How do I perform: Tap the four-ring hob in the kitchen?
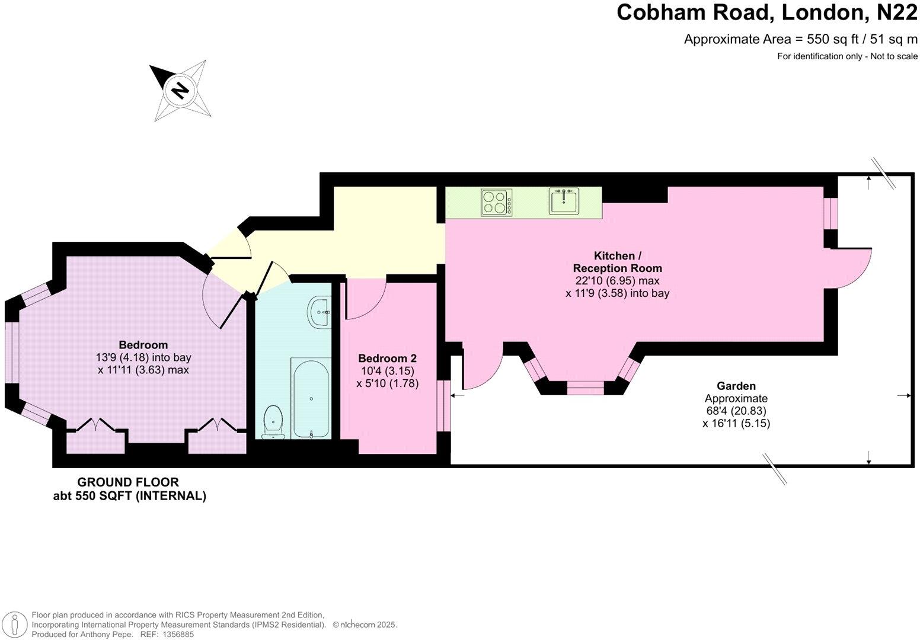(497, 201)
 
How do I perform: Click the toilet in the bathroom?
(273, 421)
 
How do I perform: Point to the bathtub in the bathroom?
(311, 398)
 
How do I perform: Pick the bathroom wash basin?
(318, 311)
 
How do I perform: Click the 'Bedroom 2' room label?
(387, 359)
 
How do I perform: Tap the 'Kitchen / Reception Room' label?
(617, 262)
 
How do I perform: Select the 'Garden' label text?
(736, 386)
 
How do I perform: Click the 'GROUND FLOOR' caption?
(128, 482)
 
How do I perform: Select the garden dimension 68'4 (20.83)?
(736, 411)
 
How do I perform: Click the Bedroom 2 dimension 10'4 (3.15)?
(387, 371)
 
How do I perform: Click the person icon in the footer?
(16, 625)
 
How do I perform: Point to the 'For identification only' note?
(848, 56)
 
